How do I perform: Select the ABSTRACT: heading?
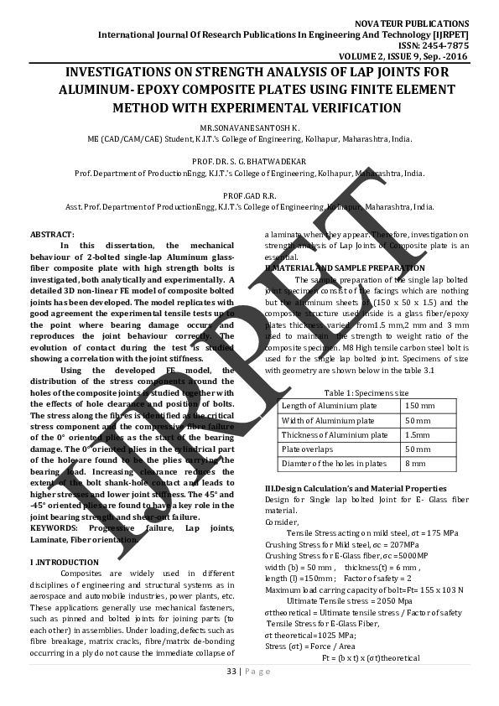tap(52, 233)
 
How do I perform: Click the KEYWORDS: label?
tap(56, 527)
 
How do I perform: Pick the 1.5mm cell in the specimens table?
tap(418, 435)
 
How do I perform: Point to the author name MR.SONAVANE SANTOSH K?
tap(249, 127)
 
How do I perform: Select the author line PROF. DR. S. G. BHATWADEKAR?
tap(249, 160)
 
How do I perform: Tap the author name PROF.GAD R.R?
tap(249, 195)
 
